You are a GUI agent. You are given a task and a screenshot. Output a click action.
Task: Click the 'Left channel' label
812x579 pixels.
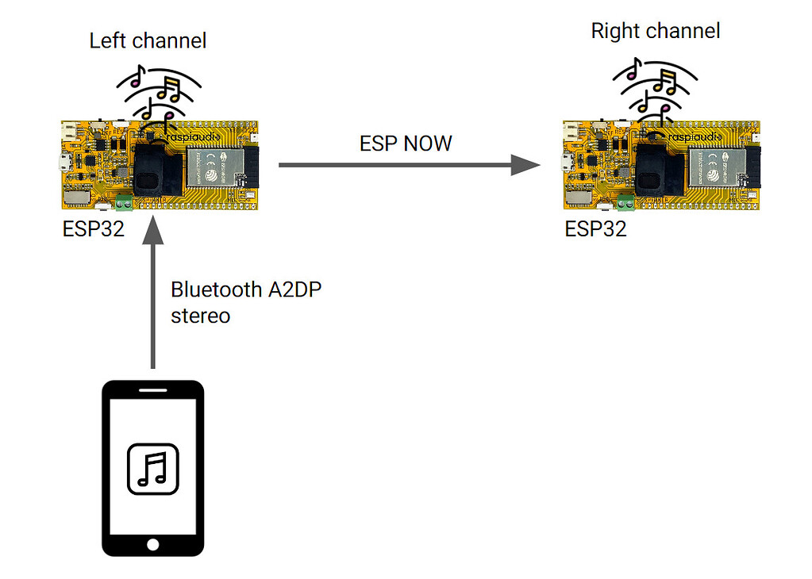click(x=148, y=41)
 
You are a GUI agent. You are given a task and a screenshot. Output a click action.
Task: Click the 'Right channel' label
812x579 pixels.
click(x=656, y=32)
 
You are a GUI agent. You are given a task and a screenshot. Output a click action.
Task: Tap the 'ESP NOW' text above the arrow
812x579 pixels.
click(x=406, y=144)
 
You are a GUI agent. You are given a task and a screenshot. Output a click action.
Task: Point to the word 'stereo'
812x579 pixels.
click(x=201, y=316)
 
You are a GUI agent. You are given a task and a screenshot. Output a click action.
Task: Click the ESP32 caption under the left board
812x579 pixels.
click(x=94, y=229)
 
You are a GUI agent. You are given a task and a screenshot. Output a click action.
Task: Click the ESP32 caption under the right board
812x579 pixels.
click(x=595, y=229)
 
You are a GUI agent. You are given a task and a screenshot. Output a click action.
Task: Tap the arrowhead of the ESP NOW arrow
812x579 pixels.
click(x=525, y=165)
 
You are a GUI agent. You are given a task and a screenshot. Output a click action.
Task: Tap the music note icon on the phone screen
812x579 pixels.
click(x=153, y=469)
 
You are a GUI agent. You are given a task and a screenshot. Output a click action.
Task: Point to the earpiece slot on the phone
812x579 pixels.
click(x=153, y=392)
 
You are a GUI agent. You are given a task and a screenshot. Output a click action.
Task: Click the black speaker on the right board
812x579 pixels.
click(x=658, y=171)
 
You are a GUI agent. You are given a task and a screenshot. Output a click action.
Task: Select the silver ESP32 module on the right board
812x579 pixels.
click(x=718, y=167)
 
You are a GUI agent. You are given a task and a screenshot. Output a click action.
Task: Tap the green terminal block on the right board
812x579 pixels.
click(x=626, y=205)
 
